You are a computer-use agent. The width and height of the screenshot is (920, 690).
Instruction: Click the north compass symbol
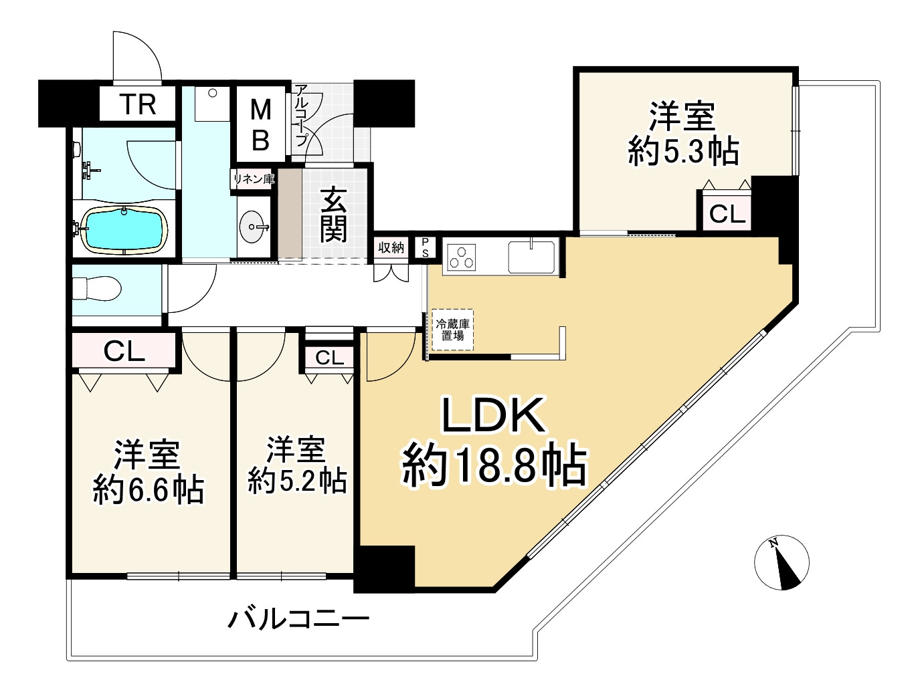pyautogui.click(x=781, y=563)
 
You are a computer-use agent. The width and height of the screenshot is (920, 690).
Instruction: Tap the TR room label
pyautogui.click(x=139, y=105)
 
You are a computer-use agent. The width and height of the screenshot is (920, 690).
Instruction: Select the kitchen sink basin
pyautogui.click(x=531, y=257)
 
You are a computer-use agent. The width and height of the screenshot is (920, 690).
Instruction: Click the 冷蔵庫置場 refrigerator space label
pyautogui.click(x=453, y=330)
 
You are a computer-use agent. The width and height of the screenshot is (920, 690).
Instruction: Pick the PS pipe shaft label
pyautogui.click(x=424, y=248)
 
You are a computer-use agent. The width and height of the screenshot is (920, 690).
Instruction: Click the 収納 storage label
pyautogui.click(x=391, y=248)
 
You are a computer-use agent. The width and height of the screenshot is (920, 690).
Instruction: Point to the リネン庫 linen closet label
pyautogui.click(x=254, y=179)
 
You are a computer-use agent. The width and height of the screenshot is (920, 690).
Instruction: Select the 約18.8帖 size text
pyautogui.click(x=494, y=465)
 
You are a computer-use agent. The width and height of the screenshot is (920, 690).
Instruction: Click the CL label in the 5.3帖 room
pyautogui.click(x=727, y=215)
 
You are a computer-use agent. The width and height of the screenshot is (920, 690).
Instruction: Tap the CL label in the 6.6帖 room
pyautogui.click(x=124, y=351)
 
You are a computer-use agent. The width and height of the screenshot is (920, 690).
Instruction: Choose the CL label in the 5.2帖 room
pyautogui.click(x=329, y=358)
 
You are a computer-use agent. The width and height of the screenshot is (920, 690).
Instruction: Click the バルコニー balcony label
pyautogui.click(x=298, y=619)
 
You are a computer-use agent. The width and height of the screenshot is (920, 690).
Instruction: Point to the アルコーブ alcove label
pyautogui.click(x=300, y=116)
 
